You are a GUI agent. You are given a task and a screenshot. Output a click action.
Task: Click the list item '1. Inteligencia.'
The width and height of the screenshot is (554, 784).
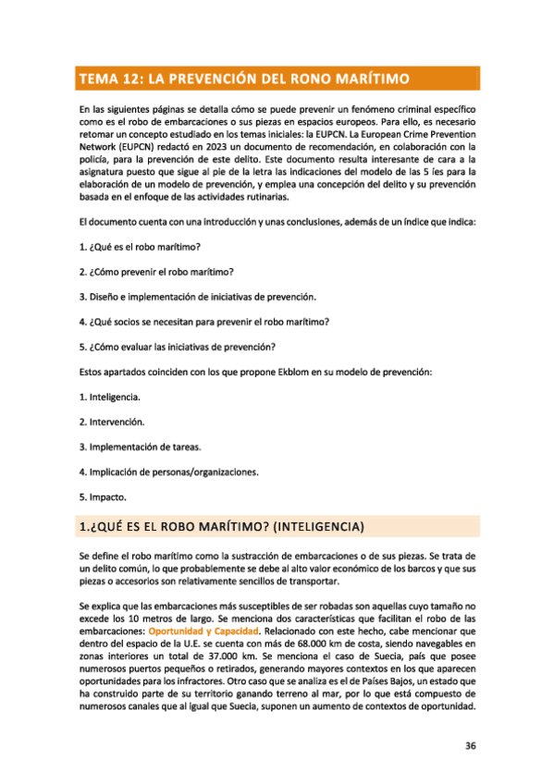click(x=110, y=397)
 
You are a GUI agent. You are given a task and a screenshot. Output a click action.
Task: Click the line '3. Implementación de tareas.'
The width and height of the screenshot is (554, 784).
click(x=140, y=447)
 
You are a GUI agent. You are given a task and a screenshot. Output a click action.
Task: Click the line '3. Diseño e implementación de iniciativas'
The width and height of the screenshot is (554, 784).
click(x=198, y=297)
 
